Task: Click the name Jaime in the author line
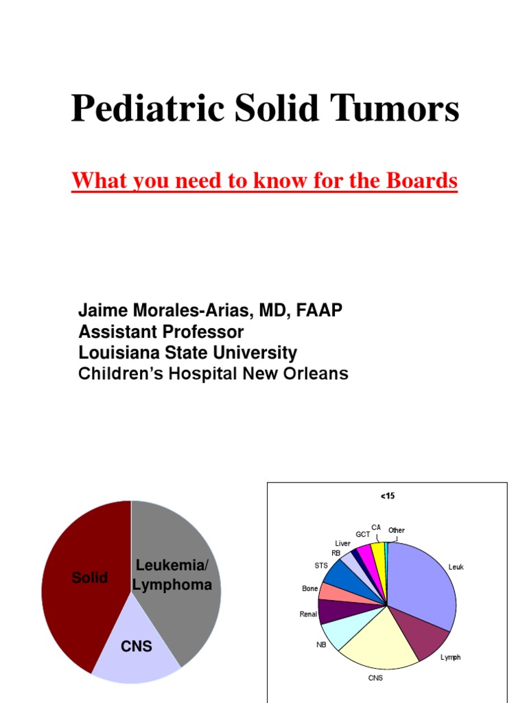(x=100, y=311)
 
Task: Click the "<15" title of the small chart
(x=387, y=496)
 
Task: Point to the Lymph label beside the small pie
(x=450, y=657)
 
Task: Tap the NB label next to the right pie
(x=321, y=645)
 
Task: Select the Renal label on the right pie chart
(x=308, y=614)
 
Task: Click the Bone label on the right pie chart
(x=309, y=588)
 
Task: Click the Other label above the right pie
(x=397, y=531)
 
